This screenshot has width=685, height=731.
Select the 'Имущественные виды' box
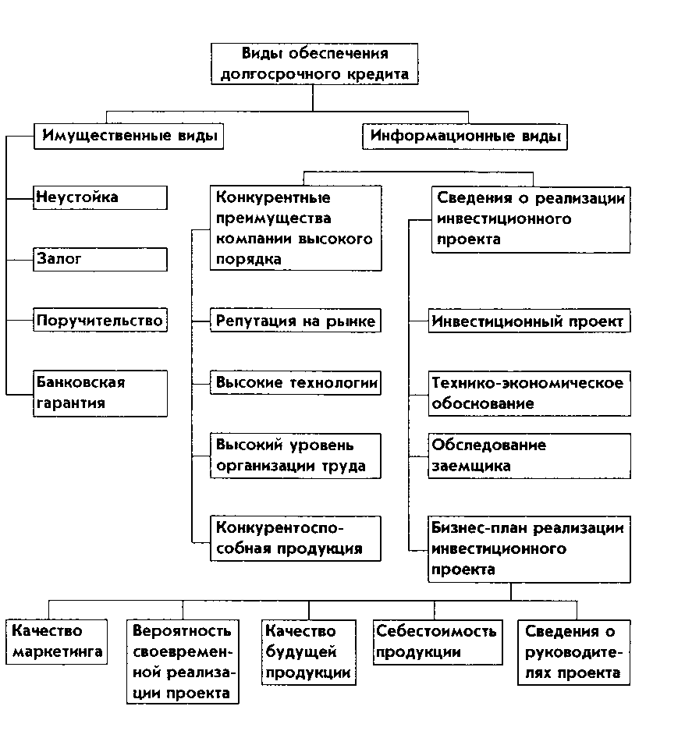click(x=129, y=137)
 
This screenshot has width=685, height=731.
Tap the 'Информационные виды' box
click(x=465, y=137)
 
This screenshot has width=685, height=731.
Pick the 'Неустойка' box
click(x=101, y=197)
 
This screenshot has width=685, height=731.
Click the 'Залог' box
click(x=101, y=259)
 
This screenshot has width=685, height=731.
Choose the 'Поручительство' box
click(x=101, y=321)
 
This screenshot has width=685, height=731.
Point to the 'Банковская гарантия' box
click(x=101, y=392)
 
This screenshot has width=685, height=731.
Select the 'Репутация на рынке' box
click(x=296, y=321)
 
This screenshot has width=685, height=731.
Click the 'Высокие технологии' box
click(x=296, y=382)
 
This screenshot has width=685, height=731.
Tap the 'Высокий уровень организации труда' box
click(x=296, y=456)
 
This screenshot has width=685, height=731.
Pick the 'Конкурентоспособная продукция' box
click(x=296, y=538)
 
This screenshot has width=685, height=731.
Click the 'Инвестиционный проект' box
click(x=529, y=321)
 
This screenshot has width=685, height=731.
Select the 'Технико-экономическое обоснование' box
click(x=529, y=393)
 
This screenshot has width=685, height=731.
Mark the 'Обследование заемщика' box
click(x=529, y=456)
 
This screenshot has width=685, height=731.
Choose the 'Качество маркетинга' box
click(x=56, y=641)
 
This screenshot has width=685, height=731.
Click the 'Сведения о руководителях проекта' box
click(x=574, y=652)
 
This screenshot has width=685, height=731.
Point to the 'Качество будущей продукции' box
click(x=309, y=652)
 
